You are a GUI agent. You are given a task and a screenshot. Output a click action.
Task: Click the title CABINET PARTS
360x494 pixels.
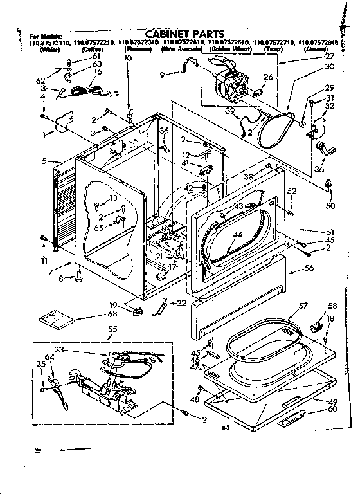coord(184,34)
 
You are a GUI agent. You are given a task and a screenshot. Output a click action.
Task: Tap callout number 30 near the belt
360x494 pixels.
coord(329,67)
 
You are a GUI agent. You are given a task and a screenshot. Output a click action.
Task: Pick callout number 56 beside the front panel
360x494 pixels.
coord(309,269)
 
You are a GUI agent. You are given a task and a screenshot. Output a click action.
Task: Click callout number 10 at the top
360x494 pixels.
coord(127,58)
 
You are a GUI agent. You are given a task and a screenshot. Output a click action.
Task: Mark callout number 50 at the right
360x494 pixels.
coord(330,206)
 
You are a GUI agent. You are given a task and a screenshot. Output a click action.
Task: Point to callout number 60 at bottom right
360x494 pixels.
coord(332,409)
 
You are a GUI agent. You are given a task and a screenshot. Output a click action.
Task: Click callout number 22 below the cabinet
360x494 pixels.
coord(181,303)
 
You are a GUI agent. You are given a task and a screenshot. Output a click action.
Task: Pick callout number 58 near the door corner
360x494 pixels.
coord(332,306)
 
